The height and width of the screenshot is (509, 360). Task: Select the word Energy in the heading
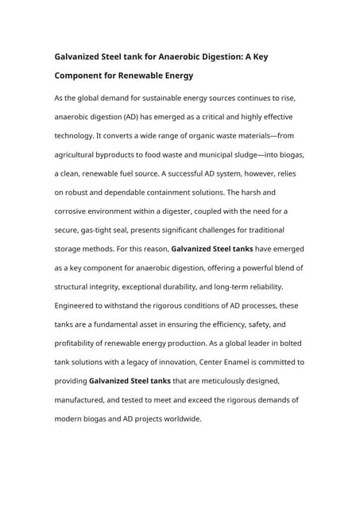click(171, 76)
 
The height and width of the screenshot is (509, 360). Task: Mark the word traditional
click(278, 230)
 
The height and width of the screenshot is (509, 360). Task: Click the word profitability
click(80, 344)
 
